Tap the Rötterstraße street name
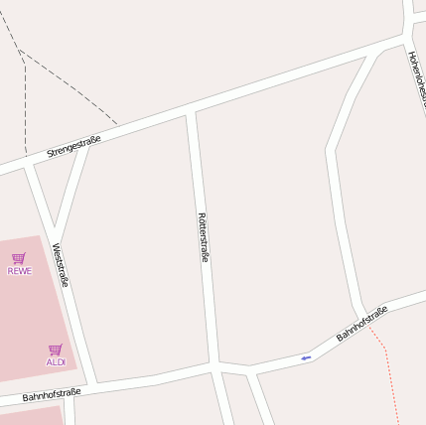[203, 237]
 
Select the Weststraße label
[61, 265]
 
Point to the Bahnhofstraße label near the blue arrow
[361, 324]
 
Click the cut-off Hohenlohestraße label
[417, 79]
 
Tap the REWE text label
[19, 270]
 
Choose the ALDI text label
[56, 361]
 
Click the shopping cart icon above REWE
[19, 258]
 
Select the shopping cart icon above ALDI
[56, 350]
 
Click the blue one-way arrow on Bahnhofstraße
[306, 357]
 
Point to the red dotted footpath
[390, 377]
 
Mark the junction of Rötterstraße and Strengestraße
[191, 111]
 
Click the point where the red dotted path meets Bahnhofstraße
[368, 327]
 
